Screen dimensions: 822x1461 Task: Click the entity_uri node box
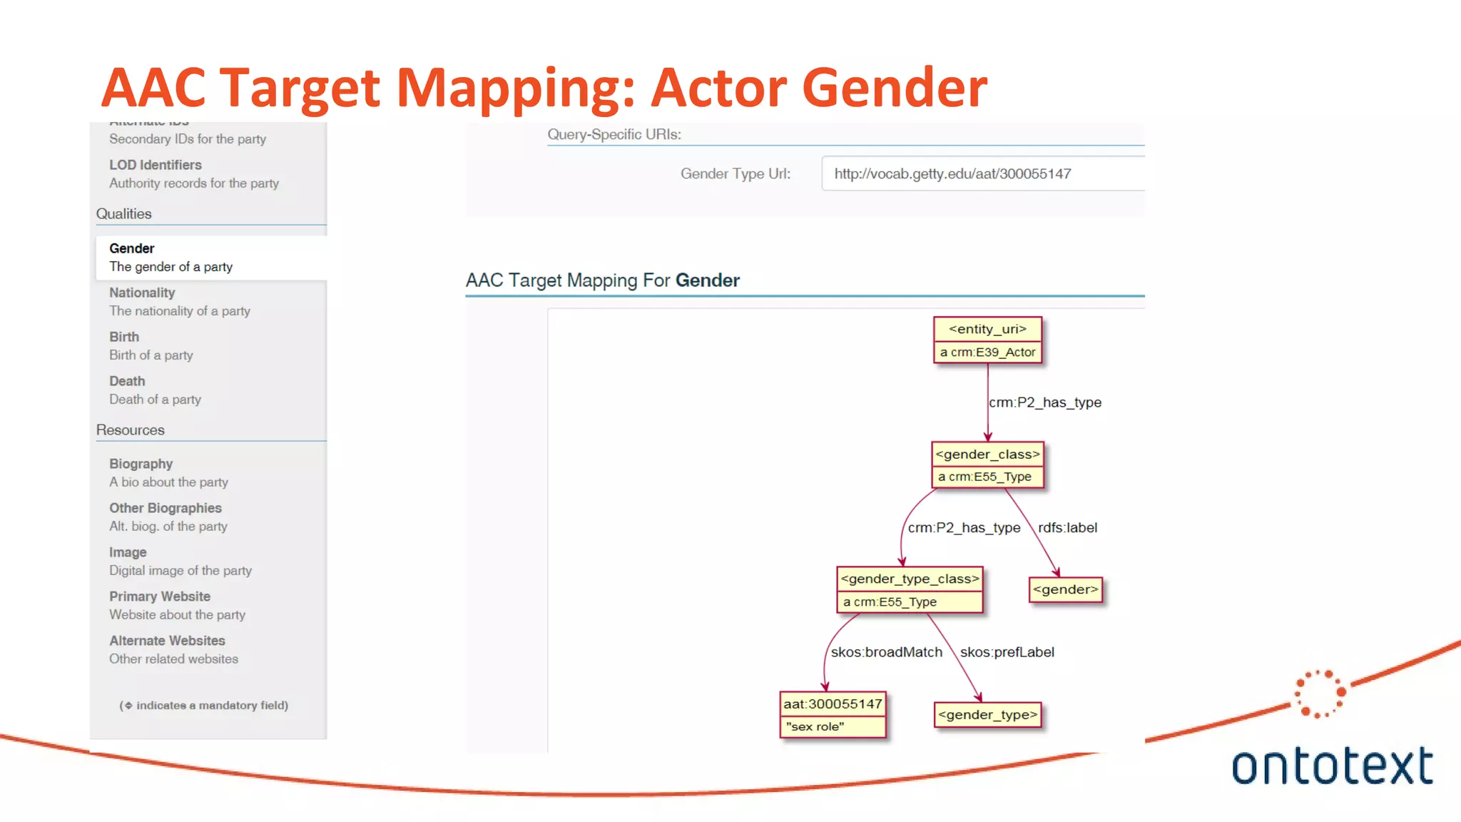pyautogui.click(x=987, y=340)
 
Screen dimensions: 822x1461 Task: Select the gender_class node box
pyautogui.click(x=987, y=465)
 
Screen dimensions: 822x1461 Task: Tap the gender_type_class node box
pyautogui.click(x=910, y=590)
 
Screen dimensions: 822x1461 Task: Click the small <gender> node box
pyautogui.click(x=1066, y=589)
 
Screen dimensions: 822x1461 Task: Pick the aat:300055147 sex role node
pyautogui.click(x=833, y=714)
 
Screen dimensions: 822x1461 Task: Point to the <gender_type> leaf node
pyautogui.click(x=987, y=714)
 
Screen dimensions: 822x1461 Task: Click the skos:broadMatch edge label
pyautogui.click(x=886, y=652)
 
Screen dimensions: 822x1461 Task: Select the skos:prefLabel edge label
pyautogui.click(x=1007, y=652)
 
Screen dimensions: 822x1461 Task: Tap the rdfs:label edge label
pyautogui.click(x=1067, y=528)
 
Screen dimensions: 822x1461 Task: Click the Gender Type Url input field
pyautogui.click(x=982, y=173)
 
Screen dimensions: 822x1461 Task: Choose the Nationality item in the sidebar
pyautogui.click(x=179, y=301)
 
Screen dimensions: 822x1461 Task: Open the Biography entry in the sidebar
pyautogui.click(x=168, y=472)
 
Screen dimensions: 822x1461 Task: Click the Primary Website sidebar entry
pyautogui.click(x=177, y=605)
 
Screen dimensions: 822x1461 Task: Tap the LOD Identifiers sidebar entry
pyautogui.click(x=193, y=173)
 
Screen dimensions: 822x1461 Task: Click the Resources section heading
pyautogui.click(x=131, y=430)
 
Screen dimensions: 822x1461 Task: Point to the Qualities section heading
pyautogui.click(x=124, y=214)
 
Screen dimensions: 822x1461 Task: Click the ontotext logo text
pyautogui.click(x=1331, y=766)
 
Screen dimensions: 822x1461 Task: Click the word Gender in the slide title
pyautogui.click(x=895, y=87)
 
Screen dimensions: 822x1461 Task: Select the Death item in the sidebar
pyautogui.click(x=155, y=390)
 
